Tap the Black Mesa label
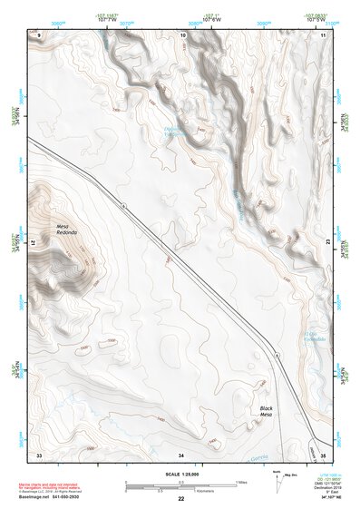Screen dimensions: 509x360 [x=266, y=412]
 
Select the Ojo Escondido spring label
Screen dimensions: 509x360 [x=314, y=335]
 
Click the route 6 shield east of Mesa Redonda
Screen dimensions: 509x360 [x=123, y=208]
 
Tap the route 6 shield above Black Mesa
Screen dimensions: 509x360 [x=276, y=358]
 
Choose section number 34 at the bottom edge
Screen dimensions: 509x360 [x=181, y=453]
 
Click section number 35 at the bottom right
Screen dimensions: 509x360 [x=323, y=453]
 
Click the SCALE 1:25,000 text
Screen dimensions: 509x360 [x=180, y=474]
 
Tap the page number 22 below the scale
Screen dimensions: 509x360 [x=180, y=499]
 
